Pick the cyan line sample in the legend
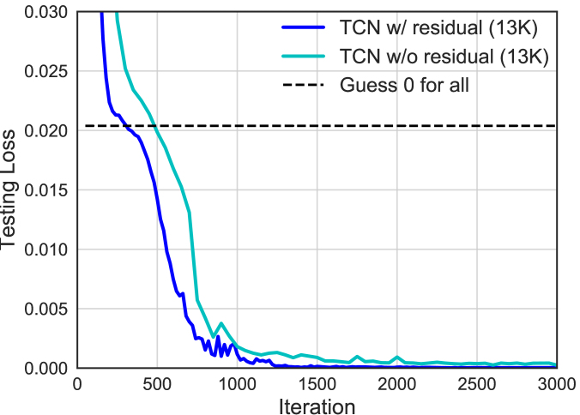(x=304, y=57)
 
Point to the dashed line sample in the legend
(x=304, y=86)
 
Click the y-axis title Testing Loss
(x=10, y=189)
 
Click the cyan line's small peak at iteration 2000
(x=397, y=357)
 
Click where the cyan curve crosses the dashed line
(x=157, y=126)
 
